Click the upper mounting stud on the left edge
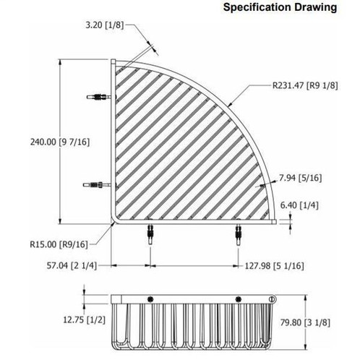(99, 96)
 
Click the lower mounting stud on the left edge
(99, 187)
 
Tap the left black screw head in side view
(149, 300)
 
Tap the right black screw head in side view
(236, 300)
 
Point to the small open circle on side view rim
(272, 300)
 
